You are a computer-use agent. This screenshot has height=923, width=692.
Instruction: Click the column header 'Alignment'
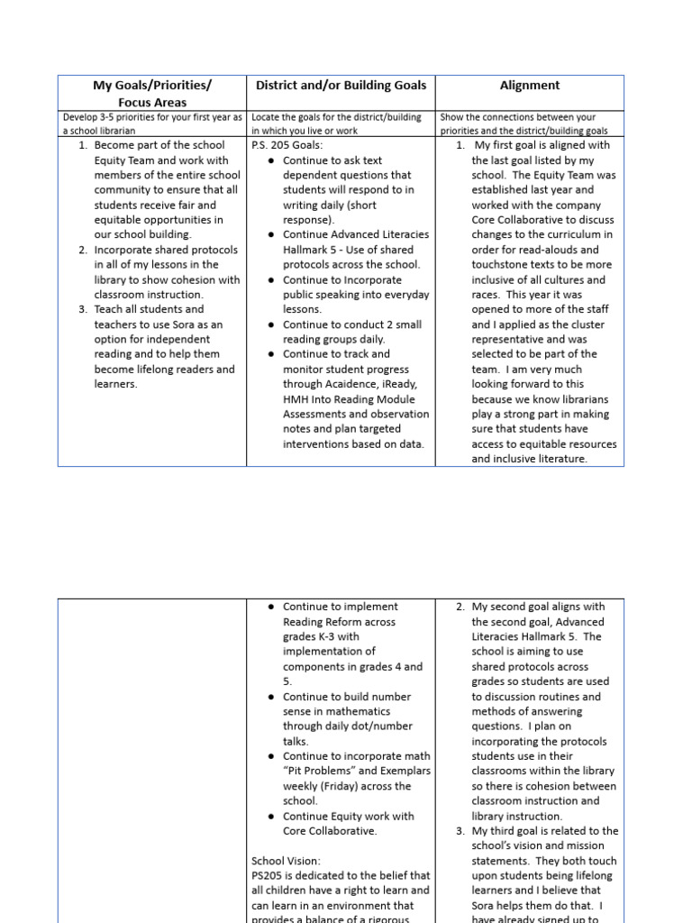click(x=530, y=86)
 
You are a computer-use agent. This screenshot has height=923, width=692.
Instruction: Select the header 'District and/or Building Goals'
click(x=341, y=86)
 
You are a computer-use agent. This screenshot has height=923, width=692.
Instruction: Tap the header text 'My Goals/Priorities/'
click(x=152, y=86)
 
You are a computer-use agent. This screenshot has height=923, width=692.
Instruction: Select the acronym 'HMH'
click(x=296, y=399)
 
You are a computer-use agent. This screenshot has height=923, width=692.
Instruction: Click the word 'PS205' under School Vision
click(x=268, y=875)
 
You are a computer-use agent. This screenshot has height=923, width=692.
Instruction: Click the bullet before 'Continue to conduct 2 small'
click(x=272, y=324)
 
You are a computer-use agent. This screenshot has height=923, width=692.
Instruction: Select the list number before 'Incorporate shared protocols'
click(x=82, y=250)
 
